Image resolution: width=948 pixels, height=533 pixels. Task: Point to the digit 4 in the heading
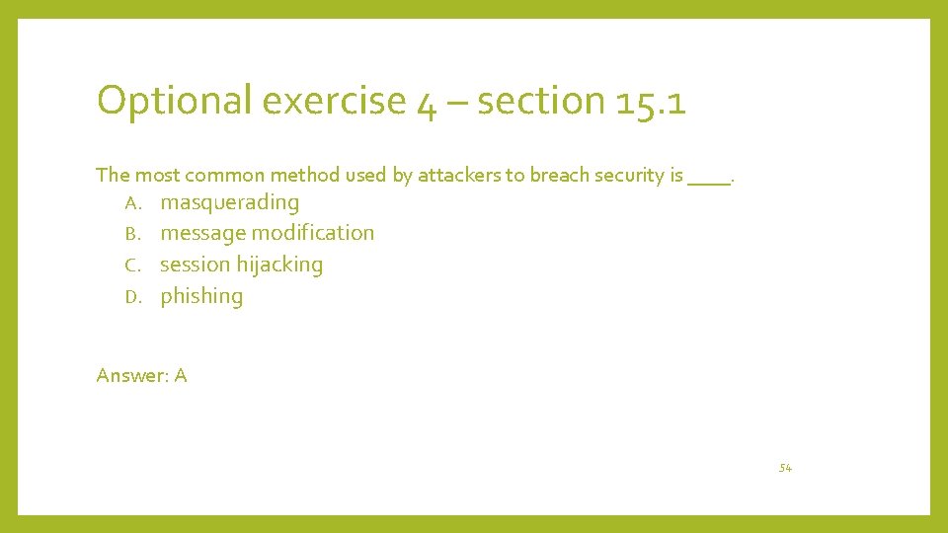point(428,103)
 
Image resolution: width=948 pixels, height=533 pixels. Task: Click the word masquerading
point(229,203)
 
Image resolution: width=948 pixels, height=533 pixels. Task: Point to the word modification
point(313,233)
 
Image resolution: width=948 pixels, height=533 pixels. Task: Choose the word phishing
point(201,296)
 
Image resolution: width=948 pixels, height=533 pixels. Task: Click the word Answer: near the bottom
point(131,375)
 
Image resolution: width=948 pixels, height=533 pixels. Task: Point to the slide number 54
point(785,468)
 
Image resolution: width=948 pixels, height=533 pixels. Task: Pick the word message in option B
point(202,234)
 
